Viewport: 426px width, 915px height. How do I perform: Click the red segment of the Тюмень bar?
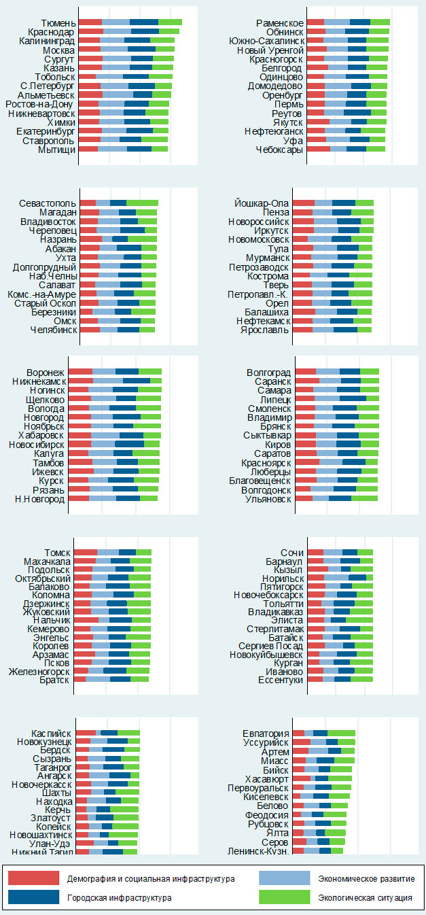click(90, 22)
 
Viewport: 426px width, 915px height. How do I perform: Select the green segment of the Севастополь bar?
click(142, 203)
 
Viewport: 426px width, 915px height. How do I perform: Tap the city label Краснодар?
click(51, 32)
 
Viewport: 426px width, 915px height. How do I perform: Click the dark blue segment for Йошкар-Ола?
click(343, 203)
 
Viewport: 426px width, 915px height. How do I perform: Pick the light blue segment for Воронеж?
click(104, 372)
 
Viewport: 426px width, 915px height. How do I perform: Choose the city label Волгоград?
click(268, 372)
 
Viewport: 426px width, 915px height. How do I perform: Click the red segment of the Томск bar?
click(86, 552)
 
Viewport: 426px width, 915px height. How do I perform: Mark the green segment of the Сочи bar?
click(365, 552)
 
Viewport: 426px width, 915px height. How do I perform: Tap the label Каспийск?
click(51, 732)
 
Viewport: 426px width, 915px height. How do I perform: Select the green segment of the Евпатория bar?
click(341, 732)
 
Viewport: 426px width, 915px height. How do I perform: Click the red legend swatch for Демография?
click(34, 878)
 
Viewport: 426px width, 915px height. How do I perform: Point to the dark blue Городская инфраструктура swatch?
click(34, 897)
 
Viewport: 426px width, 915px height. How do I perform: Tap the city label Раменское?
click(280, 22)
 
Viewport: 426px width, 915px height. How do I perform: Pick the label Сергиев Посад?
click(274, 645)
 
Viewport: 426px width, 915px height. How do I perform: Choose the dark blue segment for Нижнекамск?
click(136, 381)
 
